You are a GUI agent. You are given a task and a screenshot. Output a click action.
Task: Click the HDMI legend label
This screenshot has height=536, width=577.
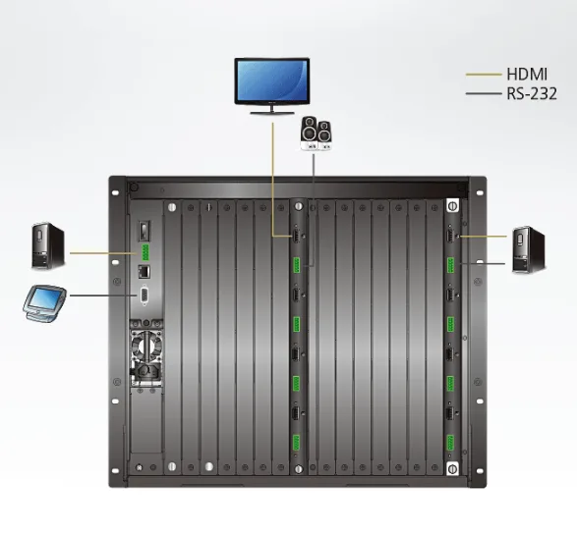click(x=527, y=74)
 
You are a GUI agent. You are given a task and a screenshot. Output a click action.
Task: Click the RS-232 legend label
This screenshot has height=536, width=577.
click(x=532, y=93)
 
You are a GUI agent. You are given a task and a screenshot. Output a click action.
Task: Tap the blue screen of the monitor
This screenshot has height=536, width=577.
click(x=272, y=80)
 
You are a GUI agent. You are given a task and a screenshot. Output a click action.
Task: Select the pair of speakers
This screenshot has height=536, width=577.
click(x=317, y=134)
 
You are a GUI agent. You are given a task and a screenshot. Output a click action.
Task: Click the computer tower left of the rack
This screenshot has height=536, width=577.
click(x=48, y=245)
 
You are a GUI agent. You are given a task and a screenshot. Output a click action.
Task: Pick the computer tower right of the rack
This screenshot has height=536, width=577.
click(x=529, y=250)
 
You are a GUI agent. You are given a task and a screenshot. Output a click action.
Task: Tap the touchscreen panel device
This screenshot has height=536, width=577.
click(x=44, y=303)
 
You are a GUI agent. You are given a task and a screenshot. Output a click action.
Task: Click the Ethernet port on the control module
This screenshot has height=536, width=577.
click(x=144, y=271)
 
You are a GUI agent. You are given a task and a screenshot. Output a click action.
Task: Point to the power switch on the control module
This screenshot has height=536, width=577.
click(x=144, y=231)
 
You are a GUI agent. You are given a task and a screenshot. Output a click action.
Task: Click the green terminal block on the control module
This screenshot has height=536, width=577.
click(x=145, y=252)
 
